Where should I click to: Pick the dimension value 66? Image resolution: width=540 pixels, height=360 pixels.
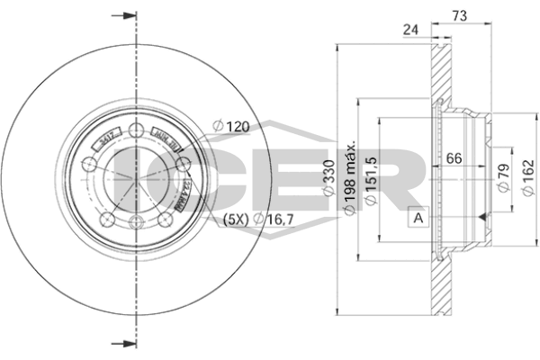tap(455, 158)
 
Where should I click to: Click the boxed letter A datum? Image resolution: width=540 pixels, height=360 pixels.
tap(417, 217)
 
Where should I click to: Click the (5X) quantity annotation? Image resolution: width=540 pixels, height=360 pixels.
tap(236, 217)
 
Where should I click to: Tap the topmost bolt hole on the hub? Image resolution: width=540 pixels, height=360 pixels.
tap(135, 127)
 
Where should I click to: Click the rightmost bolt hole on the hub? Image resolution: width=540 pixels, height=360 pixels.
tap(184, 163)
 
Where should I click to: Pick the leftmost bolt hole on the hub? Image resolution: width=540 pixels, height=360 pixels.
tap(87, 164)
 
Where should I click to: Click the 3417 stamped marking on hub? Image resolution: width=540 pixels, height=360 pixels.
tap(107, 139)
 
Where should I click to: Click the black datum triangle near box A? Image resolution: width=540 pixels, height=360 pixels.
tap(484, 217)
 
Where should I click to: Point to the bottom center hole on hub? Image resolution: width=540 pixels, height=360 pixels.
tap(135, 220)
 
